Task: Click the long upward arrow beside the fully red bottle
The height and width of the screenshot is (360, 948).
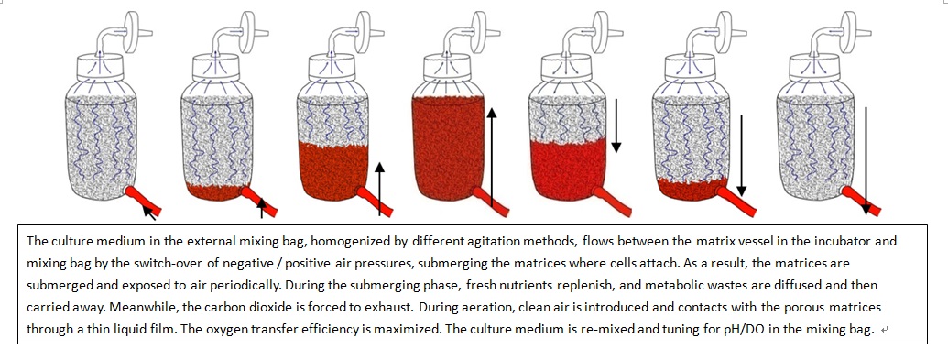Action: click(x=492, y=158)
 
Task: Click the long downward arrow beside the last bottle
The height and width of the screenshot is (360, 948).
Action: click(x=866, y=161)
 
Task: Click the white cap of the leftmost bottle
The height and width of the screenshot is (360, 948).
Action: click(x=100, y=67)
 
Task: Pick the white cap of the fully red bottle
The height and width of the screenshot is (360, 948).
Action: click(x=449, y=67)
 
